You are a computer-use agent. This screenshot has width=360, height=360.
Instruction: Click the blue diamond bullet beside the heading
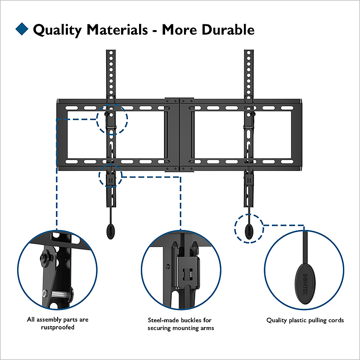coord(22,29)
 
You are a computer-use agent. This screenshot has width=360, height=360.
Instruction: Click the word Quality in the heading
coord(57,30)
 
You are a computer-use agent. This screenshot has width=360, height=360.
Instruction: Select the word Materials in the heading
coord(117,30)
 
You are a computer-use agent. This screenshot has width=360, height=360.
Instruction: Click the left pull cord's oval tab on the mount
coord(111,231)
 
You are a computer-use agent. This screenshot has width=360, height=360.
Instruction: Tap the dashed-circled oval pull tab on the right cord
coord(249,231)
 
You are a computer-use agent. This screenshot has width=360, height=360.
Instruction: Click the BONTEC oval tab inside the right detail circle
coord(305,284)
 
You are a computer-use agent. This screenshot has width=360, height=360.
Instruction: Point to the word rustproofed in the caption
coord(58,327)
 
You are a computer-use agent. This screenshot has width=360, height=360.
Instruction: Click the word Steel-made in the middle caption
coord(163,320)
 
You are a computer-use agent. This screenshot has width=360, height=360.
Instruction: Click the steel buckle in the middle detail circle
coord(188,272)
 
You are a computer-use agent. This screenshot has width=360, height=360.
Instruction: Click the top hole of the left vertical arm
coord(111,53)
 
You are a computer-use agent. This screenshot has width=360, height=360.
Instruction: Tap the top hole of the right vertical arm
coord(249,53)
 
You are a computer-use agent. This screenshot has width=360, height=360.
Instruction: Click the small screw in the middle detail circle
coord(167,266)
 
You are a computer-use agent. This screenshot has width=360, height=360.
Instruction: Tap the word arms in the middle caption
coord(207,328)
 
